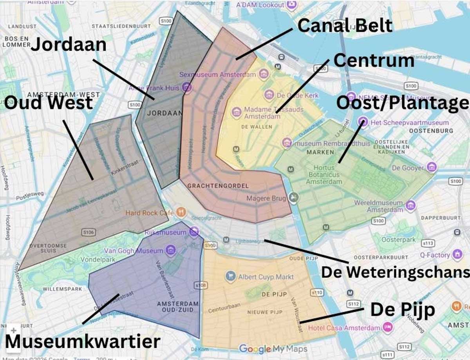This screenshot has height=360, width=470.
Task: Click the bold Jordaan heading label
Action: tap(69, 45)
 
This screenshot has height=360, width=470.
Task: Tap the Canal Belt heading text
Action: tap(345, 25)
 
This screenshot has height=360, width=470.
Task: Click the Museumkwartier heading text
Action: tap(82, 341)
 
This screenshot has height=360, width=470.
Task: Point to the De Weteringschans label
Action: tap(395, 272)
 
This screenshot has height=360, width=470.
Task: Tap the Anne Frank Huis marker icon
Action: tap(187, 88)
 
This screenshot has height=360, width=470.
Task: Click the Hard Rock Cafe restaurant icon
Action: tap(181, 213)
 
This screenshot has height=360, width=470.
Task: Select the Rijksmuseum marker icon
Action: tap(193, 232)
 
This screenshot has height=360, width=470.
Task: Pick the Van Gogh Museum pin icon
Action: tap(170, 250)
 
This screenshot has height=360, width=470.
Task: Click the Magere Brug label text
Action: tap(266, 198)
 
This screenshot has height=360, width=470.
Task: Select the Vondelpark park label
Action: tap(96, 259)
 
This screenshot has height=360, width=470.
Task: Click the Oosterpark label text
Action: tap(396, 239)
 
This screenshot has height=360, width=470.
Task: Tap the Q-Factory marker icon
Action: tap(457, 255)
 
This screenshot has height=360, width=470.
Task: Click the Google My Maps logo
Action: tap(273, 349)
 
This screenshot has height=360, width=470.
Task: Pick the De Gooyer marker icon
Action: tap(432, 167)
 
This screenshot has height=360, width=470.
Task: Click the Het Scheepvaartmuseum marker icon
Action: tap(363, 122)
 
